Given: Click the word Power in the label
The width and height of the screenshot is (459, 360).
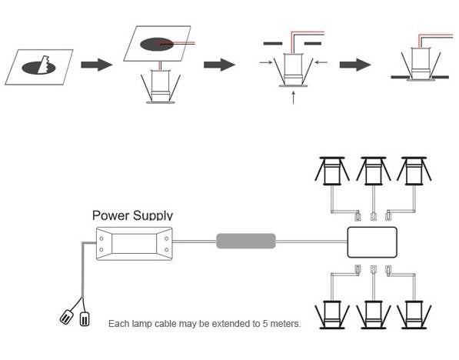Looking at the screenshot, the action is tap(111, 215).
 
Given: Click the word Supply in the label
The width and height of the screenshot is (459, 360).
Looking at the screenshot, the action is tap(153, 216).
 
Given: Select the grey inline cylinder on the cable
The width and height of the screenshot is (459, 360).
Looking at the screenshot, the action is tap(246, 241).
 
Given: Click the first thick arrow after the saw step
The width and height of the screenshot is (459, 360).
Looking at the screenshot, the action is tap(96, 65).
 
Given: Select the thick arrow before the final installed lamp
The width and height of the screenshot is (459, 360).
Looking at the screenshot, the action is tap(355, 65).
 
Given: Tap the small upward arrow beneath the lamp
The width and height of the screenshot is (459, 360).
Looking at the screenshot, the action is tap(294, 98).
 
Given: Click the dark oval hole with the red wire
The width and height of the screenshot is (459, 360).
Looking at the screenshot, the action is tap(157, 45).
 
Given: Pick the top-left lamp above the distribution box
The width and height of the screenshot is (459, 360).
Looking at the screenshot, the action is tap(332, 171).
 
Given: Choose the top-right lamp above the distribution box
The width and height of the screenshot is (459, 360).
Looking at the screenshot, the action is tap(414, 171).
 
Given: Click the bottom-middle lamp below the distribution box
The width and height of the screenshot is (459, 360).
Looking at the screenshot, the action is tap(373, 315).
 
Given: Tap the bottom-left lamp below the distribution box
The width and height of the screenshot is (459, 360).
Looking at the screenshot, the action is tap(332, 315).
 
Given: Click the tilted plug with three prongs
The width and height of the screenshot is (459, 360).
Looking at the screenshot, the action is tap(66, 317).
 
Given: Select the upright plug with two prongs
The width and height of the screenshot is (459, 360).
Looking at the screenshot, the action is tap(85, 319).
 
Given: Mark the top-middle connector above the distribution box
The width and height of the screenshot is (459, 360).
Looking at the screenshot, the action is tap(374, 217).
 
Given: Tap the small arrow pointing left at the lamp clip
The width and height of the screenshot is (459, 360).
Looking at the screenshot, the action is tap(321, 62).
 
